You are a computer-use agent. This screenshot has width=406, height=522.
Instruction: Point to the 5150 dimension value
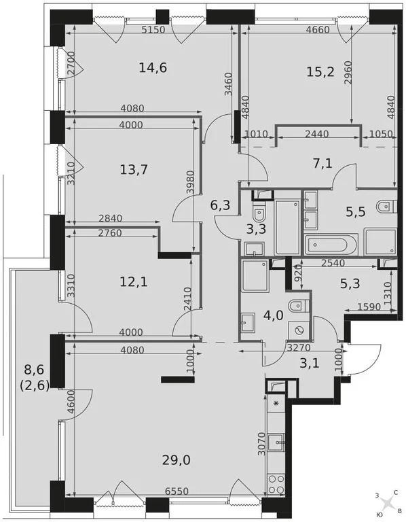[x=155, y=30]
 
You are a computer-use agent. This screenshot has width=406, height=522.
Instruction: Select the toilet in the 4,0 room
[x=295, y=307]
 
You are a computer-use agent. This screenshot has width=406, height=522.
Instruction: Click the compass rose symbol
[x=387, y=503]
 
